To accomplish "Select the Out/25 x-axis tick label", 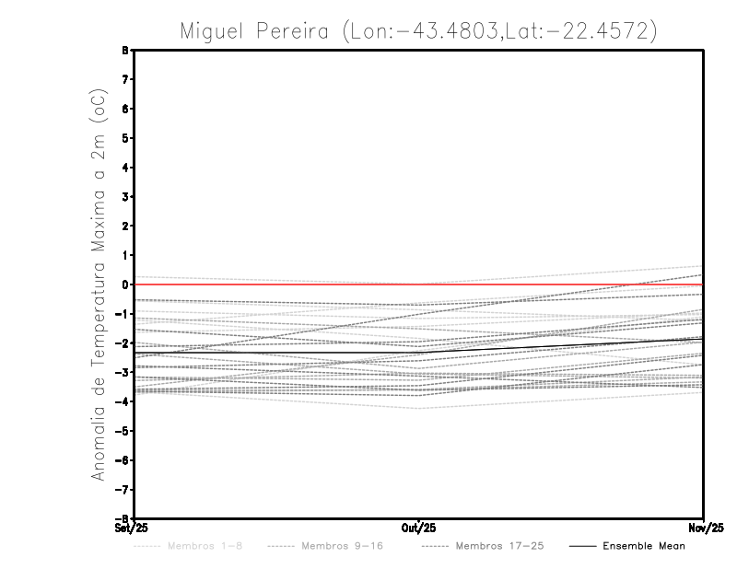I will [x=419, y=528].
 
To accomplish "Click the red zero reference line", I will [x=276, y=284].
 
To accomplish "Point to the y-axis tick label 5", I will [x=123, y=138].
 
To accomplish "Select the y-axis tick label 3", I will [x=123, y=197].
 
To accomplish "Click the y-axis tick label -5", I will [x=121, y=431].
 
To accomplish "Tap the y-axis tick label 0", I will [x=123, y=284].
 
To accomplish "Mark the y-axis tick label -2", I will [x=121, y=343].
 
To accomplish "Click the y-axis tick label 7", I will [x=123, y=80].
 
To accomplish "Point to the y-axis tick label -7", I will [x=121, y=489].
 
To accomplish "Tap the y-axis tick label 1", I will [x=123, y=255].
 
